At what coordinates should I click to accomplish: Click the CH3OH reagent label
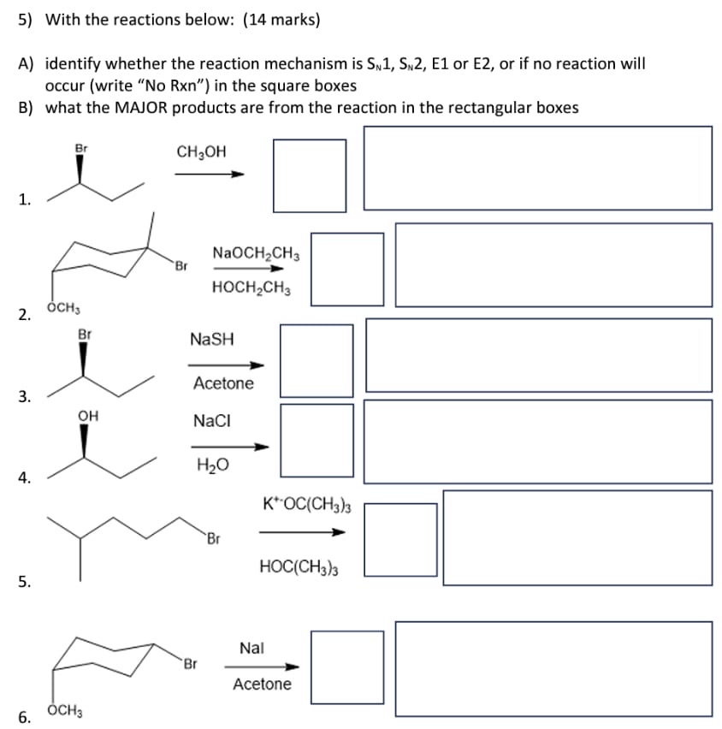(x=201, y=151)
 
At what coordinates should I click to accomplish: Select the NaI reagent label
(x=252, y=648)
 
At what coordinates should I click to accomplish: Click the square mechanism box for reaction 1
(x=310, y=175)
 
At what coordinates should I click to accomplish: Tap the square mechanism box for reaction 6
(x=347, y=667)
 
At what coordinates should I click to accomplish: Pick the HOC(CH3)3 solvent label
(x=298, y=566)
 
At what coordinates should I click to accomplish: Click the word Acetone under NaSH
(x=223, y=383)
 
